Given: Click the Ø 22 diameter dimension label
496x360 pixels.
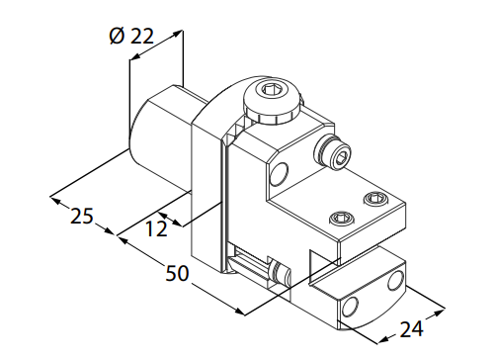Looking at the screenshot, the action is [x=131, y=36].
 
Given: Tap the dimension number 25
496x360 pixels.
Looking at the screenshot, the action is [x=82, y=217].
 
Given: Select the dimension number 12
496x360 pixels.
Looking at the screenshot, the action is [x=156, y=228].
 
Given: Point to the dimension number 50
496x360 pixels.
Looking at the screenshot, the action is [x=177, y=273].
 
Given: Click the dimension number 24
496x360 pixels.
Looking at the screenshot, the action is [x=411, y=328].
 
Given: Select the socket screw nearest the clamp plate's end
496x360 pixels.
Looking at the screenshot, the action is [x=375, y=199].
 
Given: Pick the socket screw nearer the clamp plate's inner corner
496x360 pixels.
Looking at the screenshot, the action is [x=343, y=218].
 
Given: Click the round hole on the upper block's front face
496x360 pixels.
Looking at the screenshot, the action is [x=279, y=173].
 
